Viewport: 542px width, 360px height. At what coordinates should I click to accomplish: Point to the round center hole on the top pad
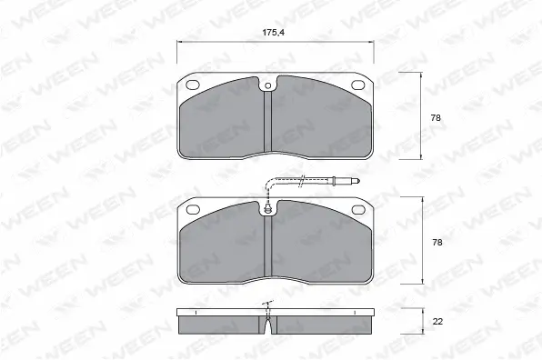click(x=268, y=88)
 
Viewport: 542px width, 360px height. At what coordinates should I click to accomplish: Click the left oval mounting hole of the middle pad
click(x=194, y=210)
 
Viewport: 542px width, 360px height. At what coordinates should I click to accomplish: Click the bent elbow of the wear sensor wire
click(x=269, y=185)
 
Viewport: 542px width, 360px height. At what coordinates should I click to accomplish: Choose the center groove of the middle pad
click(x=268, y=250)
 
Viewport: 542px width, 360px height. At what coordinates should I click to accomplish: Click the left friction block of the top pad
click(x=223, y=123)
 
